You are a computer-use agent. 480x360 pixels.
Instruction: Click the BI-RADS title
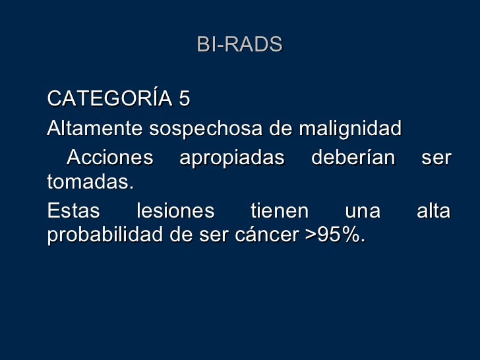(239, 44)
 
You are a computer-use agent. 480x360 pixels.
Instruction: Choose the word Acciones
(109, 158)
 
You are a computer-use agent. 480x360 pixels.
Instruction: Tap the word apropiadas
(232, 159)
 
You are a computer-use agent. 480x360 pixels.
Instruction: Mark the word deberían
(353, 158)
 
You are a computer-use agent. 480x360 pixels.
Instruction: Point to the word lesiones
(175, 212)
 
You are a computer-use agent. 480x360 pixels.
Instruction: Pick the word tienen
(280, 212)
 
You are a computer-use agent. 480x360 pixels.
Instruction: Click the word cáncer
(271, 235)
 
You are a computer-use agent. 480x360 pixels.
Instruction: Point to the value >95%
(336, 235)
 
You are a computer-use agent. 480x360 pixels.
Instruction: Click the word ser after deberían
(438, 159)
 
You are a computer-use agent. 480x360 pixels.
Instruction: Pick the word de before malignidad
(282, 129)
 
